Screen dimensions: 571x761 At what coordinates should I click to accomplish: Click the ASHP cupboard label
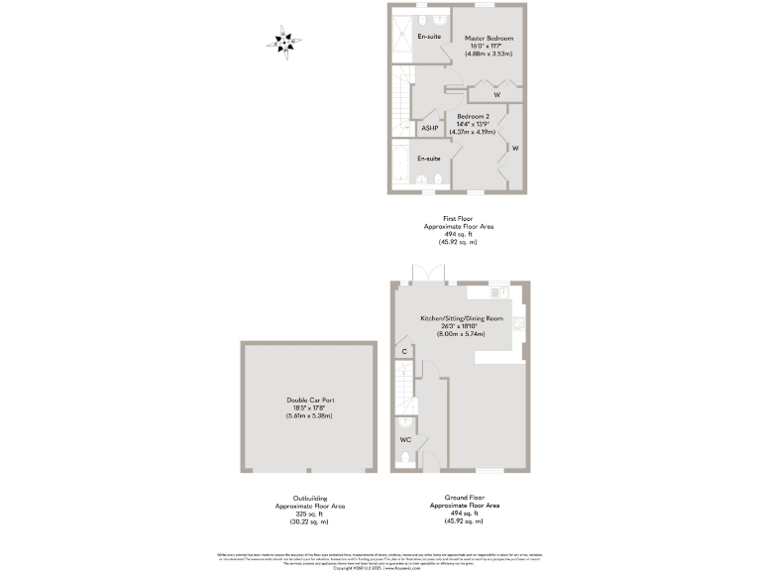429,128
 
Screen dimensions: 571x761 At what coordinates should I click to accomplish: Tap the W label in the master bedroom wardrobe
496,95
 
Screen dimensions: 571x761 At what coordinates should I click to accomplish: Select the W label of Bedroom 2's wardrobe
514,149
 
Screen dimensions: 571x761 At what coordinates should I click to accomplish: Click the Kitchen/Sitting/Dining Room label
463,318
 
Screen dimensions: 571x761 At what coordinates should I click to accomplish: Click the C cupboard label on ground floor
404,351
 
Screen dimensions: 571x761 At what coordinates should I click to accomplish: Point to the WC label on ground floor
406,438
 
